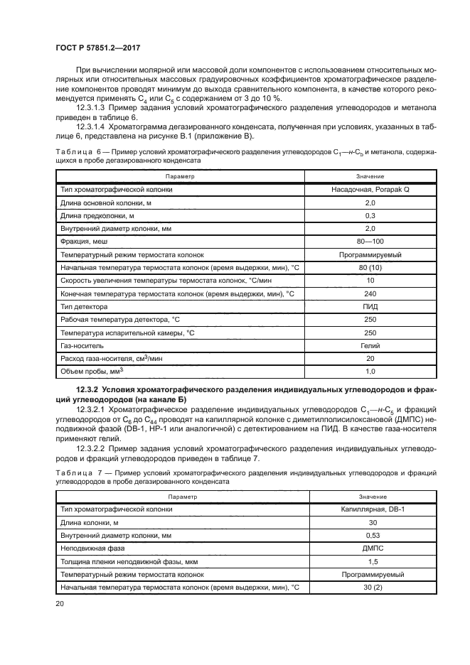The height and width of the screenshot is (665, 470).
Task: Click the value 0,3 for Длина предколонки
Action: [x=370, y=215]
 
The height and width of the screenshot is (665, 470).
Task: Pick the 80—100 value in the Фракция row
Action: [x=370, y=242]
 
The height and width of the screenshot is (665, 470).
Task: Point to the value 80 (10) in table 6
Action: [x=370, y=267]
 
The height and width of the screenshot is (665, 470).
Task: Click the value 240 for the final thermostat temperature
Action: [x=370, y=293]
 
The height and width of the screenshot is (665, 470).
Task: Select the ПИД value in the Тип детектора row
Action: [x=370, y=306]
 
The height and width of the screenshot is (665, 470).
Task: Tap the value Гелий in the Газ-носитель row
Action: [x=370, y=345]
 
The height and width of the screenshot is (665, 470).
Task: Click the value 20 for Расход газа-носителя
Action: [x=370, y=358]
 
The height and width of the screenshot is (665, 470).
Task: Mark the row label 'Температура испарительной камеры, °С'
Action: [x=128, y=332]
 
